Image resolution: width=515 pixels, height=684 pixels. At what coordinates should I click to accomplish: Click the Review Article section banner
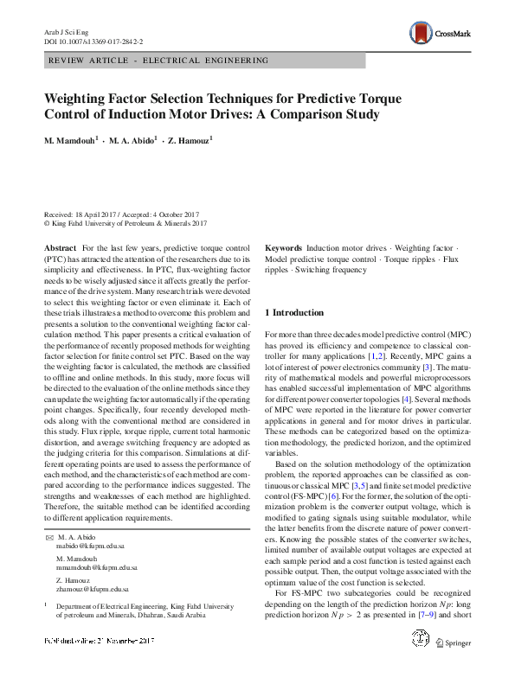[x=159, y=61]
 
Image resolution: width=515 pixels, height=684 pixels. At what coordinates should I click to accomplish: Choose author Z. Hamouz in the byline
[x=188, y=140]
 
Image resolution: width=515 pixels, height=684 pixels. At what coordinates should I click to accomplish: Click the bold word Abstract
[x=60, y=248]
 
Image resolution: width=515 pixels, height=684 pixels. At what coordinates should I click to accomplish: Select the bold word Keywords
[x=283, y=248]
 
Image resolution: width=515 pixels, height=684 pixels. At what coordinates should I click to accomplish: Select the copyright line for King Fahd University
[x=126, y=223]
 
